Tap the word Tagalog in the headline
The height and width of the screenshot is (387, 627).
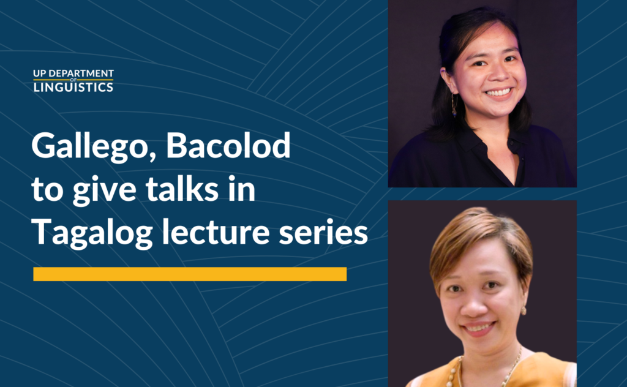click(86, 233)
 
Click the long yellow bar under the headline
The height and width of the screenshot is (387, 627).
click(190, 274)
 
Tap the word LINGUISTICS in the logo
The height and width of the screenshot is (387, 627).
click(73, 87)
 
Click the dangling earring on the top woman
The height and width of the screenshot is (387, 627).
click(454, 106)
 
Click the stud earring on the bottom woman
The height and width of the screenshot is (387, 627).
click(524, 311)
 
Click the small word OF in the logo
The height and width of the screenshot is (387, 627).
click(73, 80)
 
